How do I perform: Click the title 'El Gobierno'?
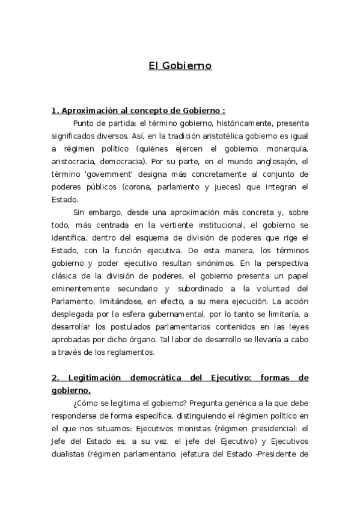coord(180,66)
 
